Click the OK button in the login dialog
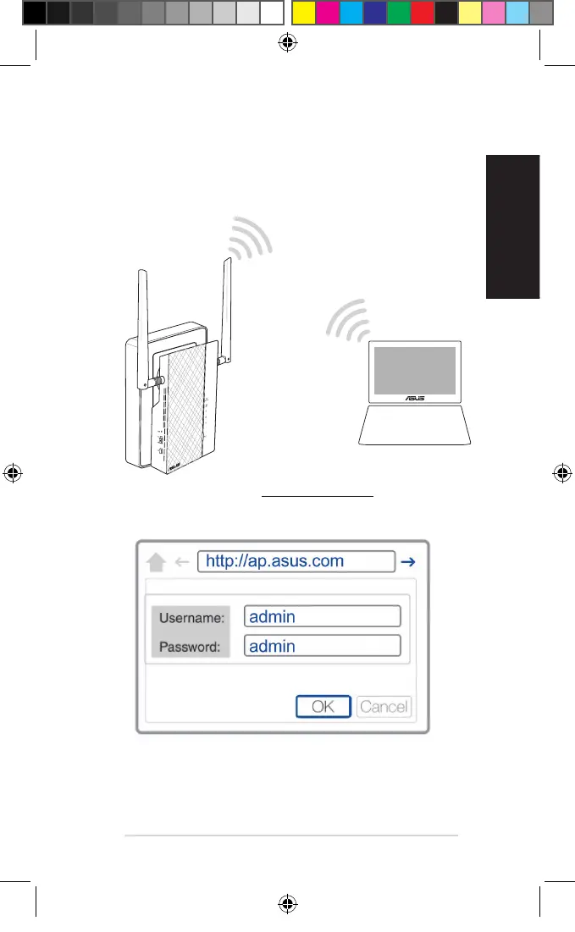pos(323,706)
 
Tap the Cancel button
pos(384,706)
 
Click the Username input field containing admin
pos(322,617)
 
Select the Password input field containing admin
pos(322,646)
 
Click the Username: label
pos(191,618)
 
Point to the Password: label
pos(190,648)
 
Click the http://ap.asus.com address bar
pos(296,561)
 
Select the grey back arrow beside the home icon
pos(180,562)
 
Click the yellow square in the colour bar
pos(303,13)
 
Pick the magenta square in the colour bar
pos(327,13)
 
